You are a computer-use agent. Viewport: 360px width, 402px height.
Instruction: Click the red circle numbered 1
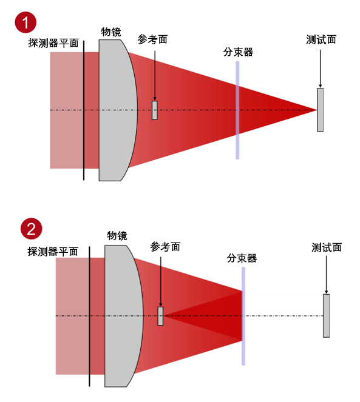(25, 22)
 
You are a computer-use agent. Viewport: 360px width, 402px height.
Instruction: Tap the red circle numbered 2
(32, 229)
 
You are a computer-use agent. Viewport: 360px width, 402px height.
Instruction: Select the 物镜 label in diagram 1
(110, 32)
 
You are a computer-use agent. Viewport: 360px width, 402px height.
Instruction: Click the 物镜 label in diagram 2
(117, 236)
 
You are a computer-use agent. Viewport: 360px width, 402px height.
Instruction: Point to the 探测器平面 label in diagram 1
(53, 43)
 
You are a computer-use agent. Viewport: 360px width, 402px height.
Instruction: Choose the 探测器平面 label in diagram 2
(53, 252)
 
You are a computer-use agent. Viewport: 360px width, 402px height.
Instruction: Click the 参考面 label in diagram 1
(152, 39)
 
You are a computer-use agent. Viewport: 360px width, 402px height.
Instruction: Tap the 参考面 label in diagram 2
(165, 247)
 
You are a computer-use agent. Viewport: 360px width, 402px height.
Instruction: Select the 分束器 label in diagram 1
(238, 52)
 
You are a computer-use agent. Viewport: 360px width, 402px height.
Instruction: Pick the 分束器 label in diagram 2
(242, 258)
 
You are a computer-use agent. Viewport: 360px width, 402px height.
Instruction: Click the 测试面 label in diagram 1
(321, 40)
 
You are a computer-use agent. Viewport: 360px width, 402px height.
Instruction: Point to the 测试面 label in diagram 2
(327, 247)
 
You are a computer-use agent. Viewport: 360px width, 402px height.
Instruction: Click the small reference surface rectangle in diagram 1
(155, 110)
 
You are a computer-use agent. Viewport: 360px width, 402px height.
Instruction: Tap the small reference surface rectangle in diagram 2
(160, 316)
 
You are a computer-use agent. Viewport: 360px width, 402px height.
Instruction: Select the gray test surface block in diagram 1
(320, 110)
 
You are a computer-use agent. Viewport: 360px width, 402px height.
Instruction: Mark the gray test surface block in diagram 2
(326, 316)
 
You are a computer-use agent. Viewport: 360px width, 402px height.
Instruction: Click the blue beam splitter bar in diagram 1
(237, 110)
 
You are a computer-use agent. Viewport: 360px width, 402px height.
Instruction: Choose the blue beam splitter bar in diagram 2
(243, 316)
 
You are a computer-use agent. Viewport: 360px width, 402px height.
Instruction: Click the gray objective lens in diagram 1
(117, 110)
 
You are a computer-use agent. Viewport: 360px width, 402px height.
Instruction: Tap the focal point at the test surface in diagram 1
(317, 110)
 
